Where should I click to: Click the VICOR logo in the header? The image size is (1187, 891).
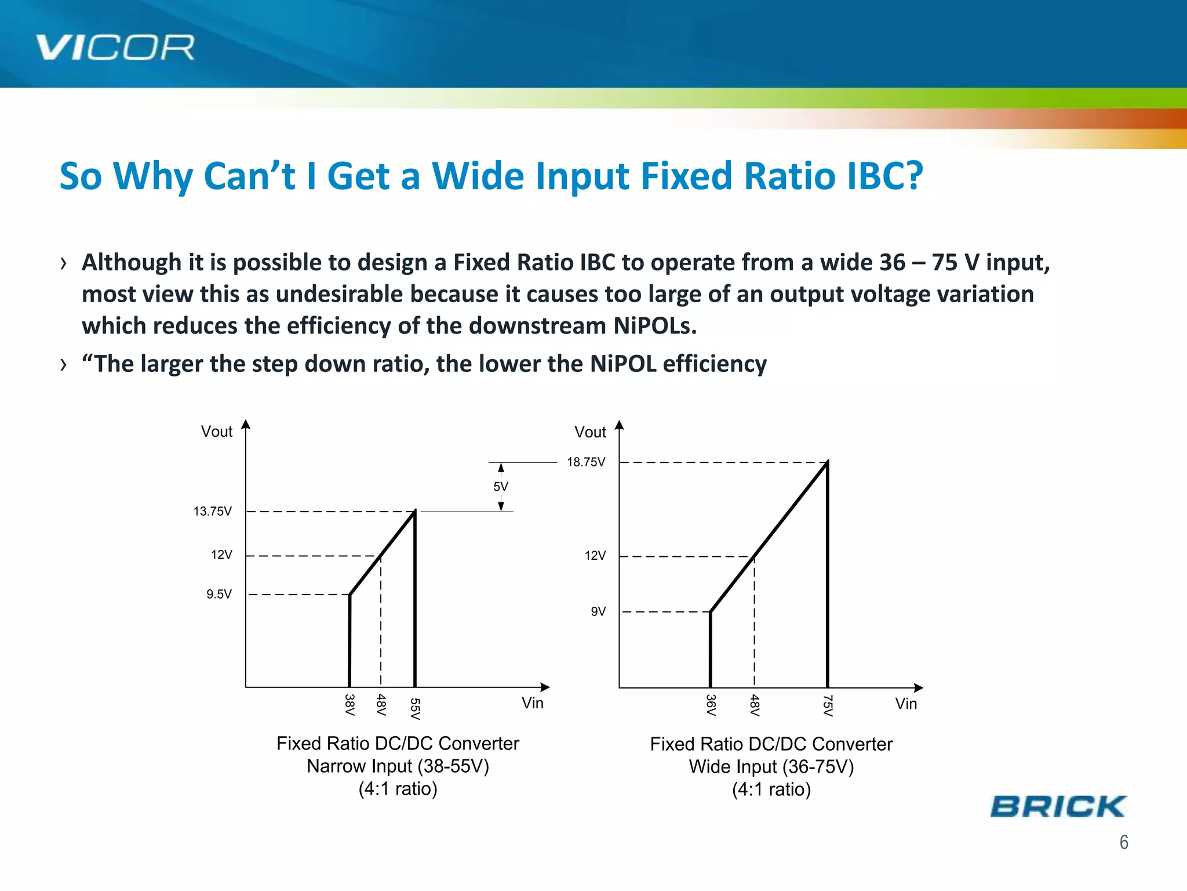115,48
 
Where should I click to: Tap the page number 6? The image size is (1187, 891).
1123,842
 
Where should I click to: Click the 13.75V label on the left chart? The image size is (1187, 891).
212,512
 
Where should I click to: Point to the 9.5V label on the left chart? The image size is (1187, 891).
219,595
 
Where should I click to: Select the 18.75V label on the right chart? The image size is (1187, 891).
585,462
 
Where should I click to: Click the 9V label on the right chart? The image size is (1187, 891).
598,612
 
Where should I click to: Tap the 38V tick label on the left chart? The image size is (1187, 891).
349,705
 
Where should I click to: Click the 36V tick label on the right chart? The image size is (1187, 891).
711,705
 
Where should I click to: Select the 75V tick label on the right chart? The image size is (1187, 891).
828,706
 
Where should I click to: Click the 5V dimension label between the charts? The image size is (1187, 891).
501,487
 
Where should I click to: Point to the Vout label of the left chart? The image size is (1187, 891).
216,432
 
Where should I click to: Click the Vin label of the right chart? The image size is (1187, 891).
905,704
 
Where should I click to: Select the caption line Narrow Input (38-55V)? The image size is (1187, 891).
398,766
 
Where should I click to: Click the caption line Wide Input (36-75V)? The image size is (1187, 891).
771,767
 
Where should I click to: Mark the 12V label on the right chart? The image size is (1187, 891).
595,556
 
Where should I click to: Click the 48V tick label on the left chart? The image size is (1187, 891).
381,705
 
